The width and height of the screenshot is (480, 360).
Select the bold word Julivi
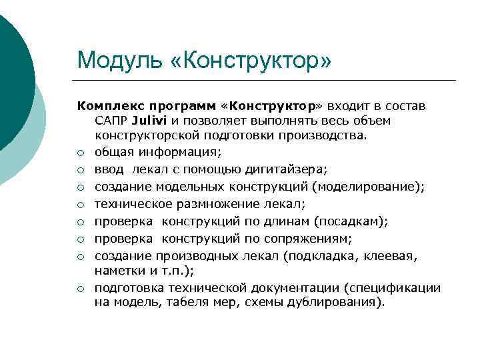pyautogui.click(x=150, y=121)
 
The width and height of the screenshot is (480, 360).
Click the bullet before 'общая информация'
pyautogui.click(x=80, y=153)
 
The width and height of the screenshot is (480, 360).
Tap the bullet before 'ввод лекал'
pyautogui.click(x=80, y=169)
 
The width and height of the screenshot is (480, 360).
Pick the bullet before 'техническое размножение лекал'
pyautogui.click(x=80, y=204)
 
